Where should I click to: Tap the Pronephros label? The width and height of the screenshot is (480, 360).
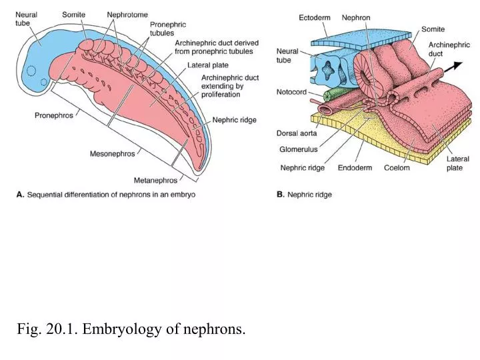coord(54,115)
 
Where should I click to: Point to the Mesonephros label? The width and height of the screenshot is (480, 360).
coord(112,153)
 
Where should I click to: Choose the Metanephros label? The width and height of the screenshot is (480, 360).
coord(155,180)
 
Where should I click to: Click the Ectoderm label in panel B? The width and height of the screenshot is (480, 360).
coord(313,18)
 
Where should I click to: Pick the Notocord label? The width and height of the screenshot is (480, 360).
coord(291,92)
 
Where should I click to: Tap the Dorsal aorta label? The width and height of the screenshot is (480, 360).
coord(297,133)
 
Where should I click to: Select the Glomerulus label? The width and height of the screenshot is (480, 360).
coord(299,149)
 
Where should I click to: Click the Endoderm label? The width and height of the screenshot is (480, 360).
coord(354,168)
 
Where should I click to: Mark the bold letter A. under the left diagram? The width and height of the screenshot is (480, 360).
coord(21,195)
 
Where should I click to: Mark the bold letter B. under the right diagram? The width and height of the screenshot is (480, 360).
coord(280,195)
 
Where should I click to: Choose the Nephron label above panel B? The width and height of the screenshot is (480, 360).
coord(356,18)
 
